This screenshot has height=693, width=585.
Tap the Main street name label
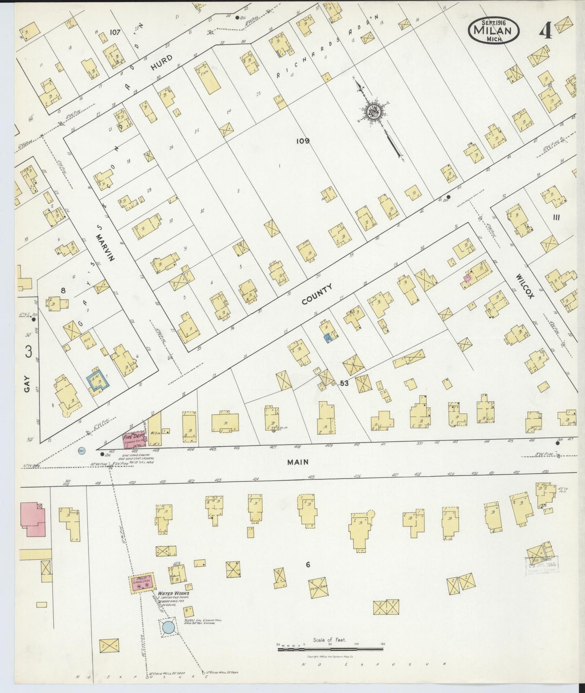(298, 462)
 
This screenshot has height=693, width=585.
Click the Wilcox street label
(525, 285)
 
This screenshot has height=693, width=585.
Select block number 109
(302, 141)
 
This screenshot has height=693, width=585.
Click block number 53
(345, 383)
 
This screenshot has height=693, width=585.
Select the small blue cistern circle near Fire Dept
(81, 450)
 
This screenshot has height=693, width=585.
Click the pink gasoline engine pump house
(142, 584)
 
